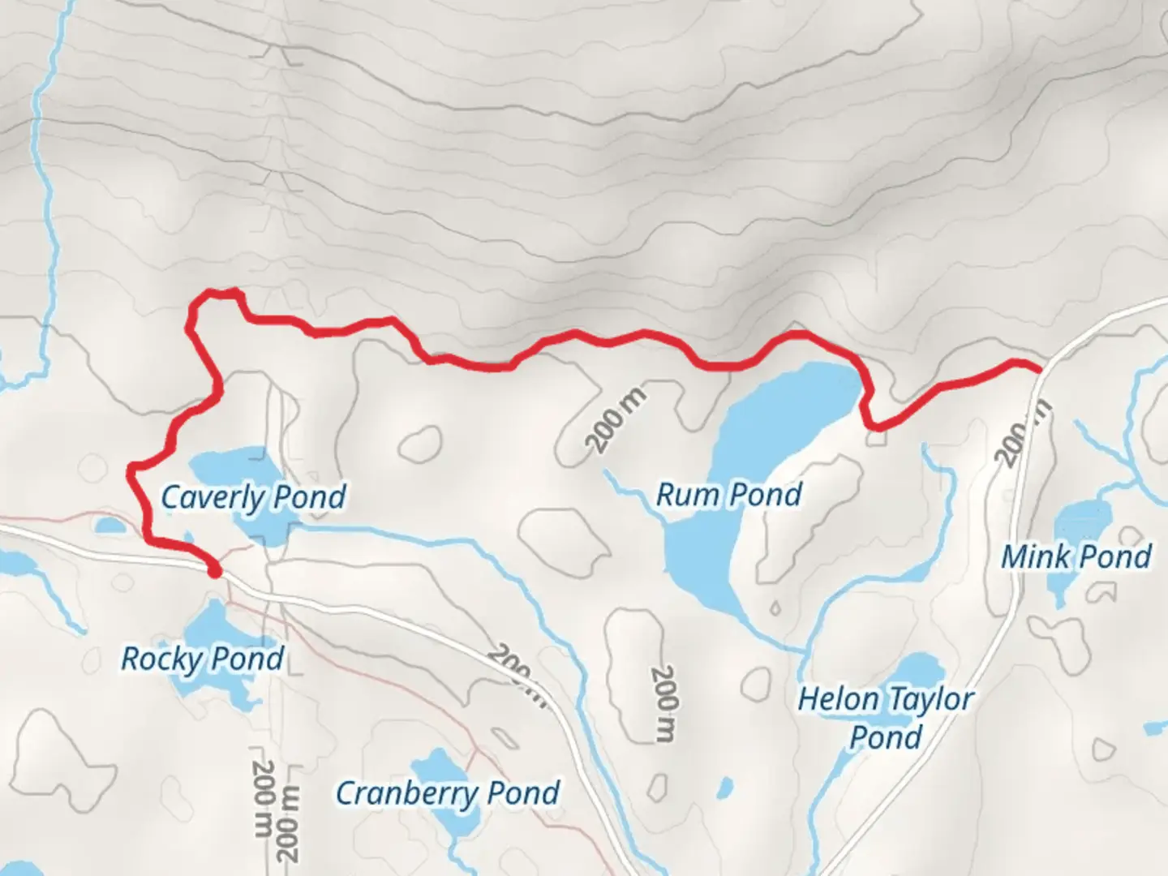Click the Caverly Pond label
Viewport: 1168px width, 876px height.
click(x=253, y=497)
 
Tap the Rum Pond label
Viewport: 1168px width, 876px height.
click(x=728, y=494)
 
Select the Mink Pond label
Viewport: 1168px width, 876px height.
click(x=1076, y=556)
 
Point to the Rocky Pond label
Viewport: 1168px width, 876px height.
click(x=202, y=658)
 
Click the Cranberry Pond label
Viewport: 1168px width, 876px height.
click(x=448, y=792)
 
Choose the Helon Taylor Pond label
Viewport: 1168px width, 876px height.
click(x=886, y=717)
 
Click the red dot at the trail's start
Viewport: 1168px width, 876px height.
click(x=214, y=573)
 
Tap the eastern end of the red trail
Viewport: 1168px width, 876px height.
click(x=1037, y=369)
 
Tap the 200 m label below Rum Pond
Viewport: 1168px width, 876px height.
click(x=663, y=703)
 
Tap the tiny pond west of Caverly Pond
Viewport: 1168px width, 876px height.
click(x=109, y=526)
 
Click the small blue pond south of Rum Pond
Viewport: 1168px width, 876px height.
click(x=725, y=786)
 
